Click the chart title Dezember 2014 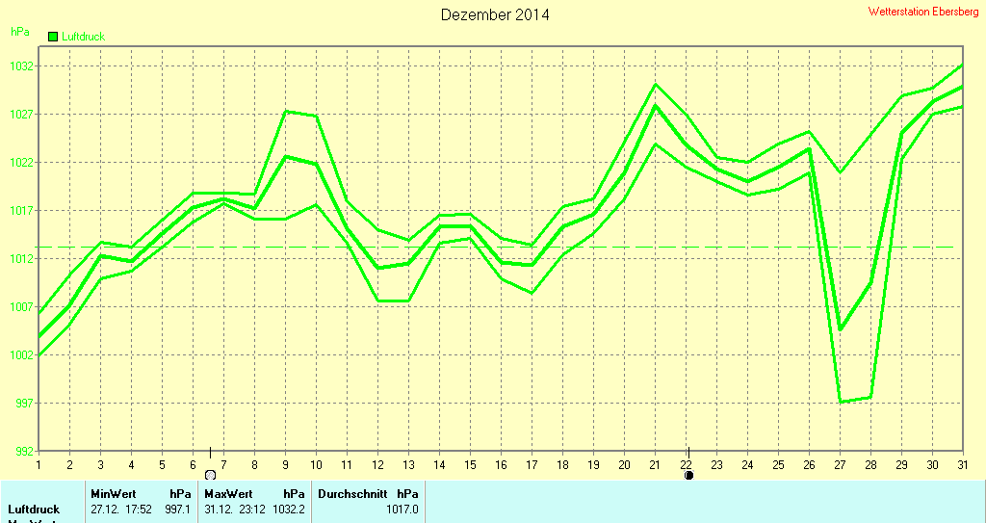pyautogui.click(x=495, y=15)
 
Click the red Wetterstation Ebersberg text pyautogui.click(x=922, y=12)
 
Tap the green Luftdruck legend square pyautogui.click(x=53, y=37)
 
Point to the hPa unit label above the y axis pyautogui.click(x=19, y=32)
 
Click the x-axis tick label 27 pyautogui.click(x=840, y=464)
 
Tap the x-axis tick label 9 pyautogui.click(x=286, y=464)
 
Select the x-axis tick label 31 pyautogui.click(x=962, y=464)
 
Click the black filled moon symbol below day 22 pyautogui.click(x=689, y=475)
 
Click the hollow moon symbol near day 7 pyautogui.click(x=210, y=475)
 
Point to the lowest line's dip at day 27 pyautogui.click(x=841, y=402)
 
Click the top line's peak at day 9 pyautogui.click(x=286, y=112)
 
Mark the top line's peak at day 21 pyautogui.click(x=656, y=85)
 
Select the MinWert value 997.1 pyautogui.click(x=178, y=510)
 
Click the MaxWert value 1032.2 pyautogui.click(x=289, y=510)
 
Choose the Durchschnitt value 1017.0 pyautogui.click(x=402, y=510)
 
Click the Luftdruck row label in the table pyautogui.click(x=34, y=510)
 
